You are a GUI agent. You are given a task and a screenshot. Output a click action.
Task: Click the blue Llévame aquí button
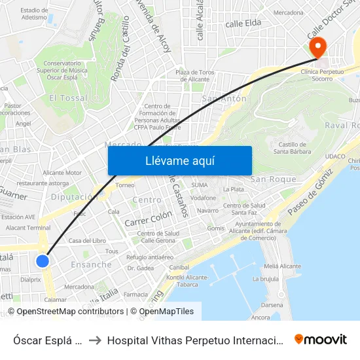pos(179,160)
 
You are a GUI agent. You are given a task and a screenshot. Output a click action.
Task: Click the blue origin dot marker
pos(43,261)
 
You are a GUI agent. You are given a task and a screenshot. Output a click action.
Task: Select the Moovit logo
pos(321,339)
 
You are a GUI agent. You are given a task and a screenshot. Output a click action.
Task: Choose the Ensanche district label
pos(91,265)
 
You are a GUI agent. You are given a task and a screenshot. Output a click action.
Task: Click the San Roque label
pos(274,179)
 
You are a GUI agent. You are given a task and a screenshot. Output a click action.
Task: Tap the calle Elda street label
pos(243,24)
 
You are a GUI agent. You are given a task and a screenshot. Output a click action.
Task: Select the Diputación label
pos(74,196)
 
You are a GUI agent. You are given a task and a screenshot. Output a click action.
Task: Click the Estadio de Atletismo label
pos(34,14)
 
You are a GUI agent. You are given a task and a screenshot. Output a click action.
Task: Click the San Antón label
pos(225,99)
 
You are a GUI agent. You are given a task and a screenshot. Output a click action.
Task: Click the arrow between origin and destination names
pos(95,340)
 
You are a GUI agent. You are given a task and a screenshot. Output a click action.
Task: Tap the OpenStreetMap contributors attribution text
pos(70,312)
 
